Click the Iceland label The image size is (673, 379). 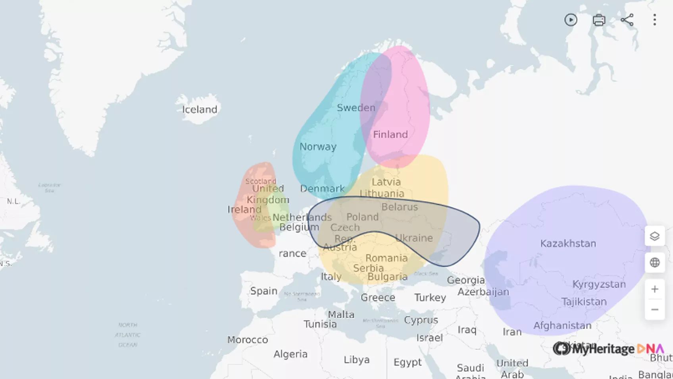pyautogui.click(x=200, y=110)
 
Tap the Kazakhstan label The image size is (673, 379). pyautogui.click(x=568, y=244)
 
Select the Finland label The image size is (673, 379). pyautogui.click(x=390, y=135)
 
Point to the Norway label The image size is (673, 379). pyautogui.click(x=318, y=147)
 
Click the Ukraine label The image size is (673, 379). pyautogui.click(x=414, y=238)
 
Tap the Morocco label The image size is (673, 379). pyautogui.click(x=247, y=340)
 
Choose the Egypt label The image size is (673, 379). pyautogui.click(x=408, y=362)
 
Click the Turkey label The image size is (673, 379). pyautogui.click(x=430, y=298)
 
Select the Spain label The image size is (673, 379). pyautogui.click(x=263, y=291)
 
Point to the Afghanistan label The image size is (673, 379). pyautogui.click(x=562, y=326)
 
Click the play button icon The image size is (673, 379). pyautogui.click(x=571, y=20)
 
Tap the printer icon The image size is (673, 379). pyautogui.click(x=599, y=20)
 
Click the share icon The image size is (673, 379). pyautogui.click(x=627, y=20)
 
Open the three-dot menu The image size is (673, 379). pyautogui.click(x=655, y=20)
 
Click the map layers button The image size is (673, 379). pyautogui.click(x=655, y=236)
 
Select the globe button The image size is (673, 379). pyautogui.click(x=655, y=263)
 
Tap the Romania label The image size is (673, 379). pyautogui.click(x=386, y=258)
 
